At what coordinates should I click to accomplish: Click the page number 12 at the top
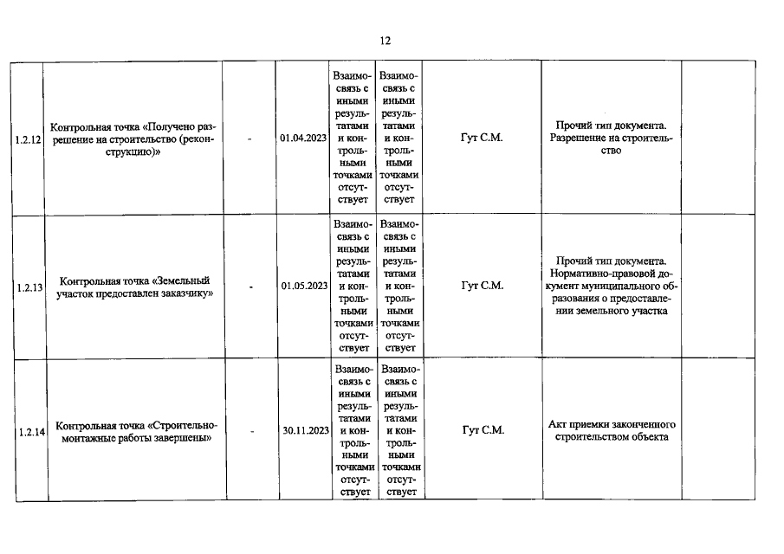[x=386, y=41]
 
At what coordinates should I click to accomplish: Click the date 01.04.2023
[x=304, y=138]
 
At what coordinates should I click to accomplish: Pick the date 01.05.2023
[x=304, y=286]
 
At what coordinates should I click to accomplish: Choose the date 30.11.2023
[x=304, y=430]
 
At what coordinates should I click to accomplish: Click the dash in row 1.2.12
[x=249, y=138]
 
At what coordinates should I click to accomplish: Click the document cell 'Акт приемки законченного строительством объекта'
[x=612, y=430]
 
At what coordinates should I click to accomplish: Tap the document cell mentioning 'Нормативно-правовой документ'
[x=612, y=286]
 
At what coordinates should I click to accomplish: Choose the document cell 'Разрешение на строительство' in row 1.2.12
[x=612, y=138]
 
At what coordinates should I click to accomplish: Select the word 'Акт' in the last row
[x=558, y=424]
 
